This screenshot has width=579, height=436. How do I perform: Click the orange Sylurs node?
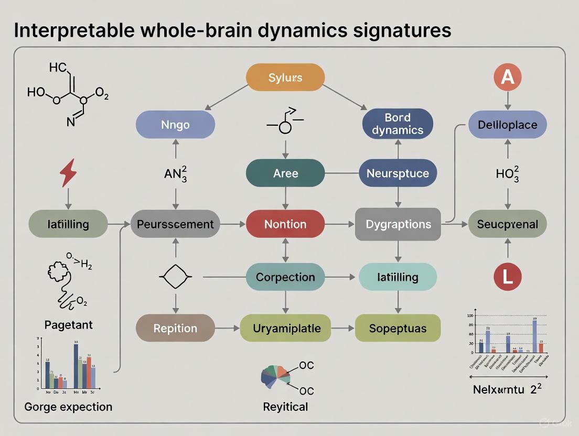click(285, 78)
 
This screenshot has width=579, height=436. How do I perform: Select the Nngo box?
click(175, 126)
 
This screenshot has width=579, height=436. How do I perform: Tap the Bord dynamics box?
click(398, 124)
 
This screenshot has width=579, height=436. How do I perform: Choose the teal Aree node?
click(285, 173)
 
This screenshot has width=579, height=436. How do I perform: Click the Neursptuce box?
click(398, 173)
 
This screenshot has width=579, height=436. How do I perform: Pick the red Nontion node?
click(285, 224)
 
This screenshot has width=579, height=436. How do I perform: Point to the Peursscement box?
click(175, 224)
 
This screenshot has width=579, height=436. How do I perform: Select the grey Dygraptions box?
click(398, 224)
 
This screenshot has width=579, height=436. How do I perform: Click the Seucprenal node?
click(507, 224)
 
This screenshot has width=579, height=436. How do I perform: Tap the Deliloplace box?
click(507, 125)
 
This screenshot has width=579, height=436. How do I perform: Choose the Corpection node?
click(285, 277)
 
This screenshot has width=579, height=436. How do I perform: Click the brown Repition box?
click(175, 329)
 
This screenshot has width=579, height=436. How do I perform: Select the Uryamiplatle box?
click(285, 329)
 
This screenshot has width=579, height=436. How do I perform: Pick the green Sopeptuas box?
click(398, 329)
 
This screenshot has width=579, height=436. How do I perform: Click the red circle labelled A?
click(507, 77)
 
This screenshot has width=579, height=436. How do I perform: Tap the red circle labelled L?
click(507, 276)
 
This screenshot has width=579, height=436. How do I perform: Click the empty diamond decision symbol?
click(175, 276)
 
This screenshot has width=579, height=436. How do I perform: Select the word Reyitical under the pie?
click(285, 407)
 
